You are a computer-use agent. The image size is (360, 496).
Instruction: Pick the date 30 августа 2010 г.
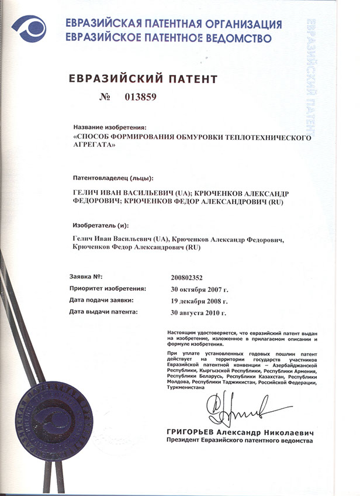pyautogui.click(x=199, y=313)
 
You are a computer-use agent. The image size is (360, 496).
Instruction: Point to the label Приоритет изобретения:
pyautogui.click(x=108, y=288)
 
